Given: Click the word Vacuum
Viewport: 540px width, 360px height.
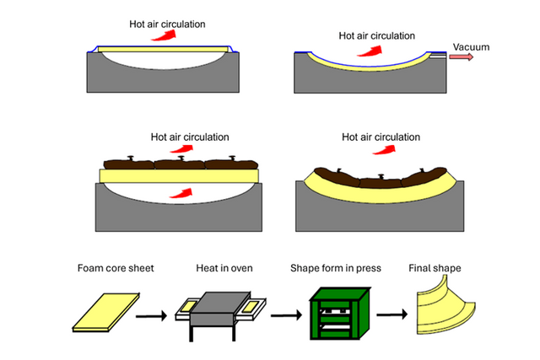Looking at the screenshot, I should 471,47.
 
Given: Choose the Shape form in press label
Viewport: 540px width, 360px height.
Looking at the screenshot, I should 336,269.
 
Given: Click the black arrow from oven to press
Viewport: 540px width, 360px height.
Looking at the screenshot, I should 281,317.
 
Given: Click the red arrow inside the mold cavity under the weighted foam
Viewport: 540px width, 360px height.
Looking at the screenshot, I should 180,192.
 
